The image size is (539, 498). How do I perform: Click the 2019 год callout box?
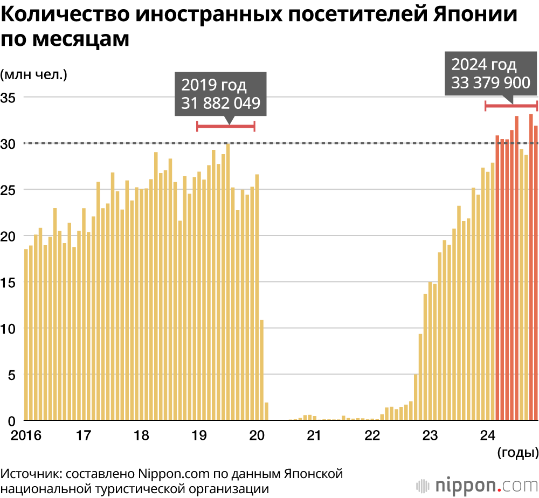coord(220,94)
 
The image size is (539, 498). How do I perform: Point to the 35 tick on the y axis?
coord(9,98)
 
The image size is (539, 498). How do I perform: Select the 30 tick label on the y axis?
coord(9,144)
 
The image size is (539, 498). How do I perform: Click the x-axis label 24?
coord(488,434)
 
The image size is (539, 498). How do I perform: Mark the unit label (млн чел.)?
coord(33,74)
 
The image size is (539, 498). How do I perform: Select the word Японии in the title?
coord(475,15)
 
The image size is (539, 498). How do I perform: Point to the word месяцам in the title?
coord(80,39)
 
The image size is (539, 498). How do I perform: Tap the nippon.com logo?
coord(477,484)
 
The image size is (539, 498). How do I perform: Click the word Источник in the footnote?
coord(30,474)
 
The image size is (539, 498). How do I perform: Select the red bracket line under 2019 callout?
coord(225,126)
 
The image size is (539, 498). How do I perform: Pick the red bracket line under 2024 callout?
coord(511,106)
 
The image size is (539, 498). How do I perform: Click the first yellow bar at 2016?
coord(26,334)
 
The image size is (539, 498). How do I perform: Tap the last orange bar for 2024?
coord(536,273)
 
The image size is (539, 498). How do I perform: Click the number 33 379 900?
coord(491,82)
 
